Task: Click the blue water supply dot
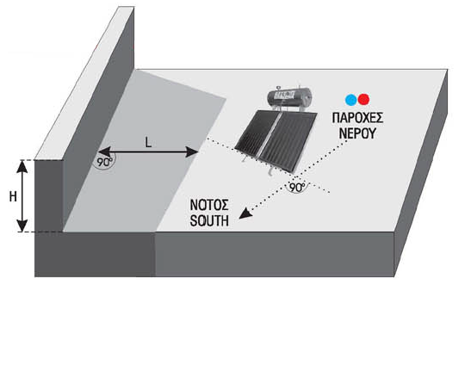pos(350,100)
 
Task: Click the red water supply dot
pos(363,99)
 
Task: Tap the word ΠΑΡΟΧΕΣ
pos(357,118)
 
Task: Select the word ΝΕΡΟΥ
pos(357,133)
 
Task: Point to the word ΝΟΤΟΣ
pos(209,205)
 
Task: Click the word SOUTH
pos(209,221)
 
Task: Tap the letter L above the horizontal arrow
pos(148,142)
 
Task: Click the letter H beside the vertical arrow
pos(13,197)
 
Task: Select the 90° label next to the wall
pos(104,162)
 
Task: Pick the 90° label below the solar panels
pos(297,187)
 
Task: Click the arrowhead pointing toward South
pos(245,213)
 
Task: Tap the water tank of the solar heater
pos(289,96)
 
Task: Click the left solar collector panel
pos(257,133)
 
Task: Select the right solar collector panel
pos(288,141)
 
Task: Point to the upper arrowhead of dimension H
pos(22,167)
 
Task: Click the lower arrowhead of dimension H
pos(22,226)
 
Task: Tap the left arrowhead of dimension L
pos(104,151)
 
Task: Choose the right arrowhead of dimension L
pos(192,151)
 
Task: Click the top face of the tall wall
pos(84,83)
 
